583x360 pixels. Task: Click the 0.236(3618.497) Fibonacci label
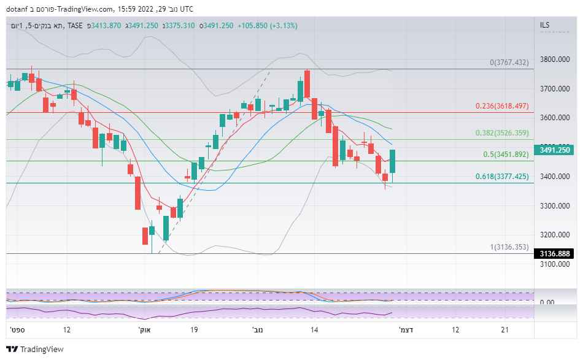pos(501,106)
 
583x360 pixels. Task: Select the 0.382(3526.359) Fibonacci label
pos(501,133)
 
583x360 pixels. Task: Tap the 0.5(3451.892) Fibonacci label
pos(506,155)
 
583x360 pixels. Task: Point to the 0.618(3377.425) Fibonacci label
pos(501,177)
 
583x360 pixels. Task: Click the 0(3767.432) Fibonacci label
pos(509,63)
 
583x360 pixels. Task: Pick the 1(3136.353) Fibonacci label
pos(509,247)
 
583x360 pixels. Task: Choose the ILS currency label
pos(545,25)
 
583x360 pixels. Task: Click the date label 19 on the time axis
pos(194,330)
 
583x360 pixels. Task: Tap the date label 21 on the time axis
pos(504,330)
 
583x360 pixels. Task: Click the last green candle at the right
pos(392,161)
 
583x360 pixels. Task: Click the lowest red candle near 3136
pos(145,236)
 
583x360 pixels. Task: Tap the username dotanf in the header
pos(18,9)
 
